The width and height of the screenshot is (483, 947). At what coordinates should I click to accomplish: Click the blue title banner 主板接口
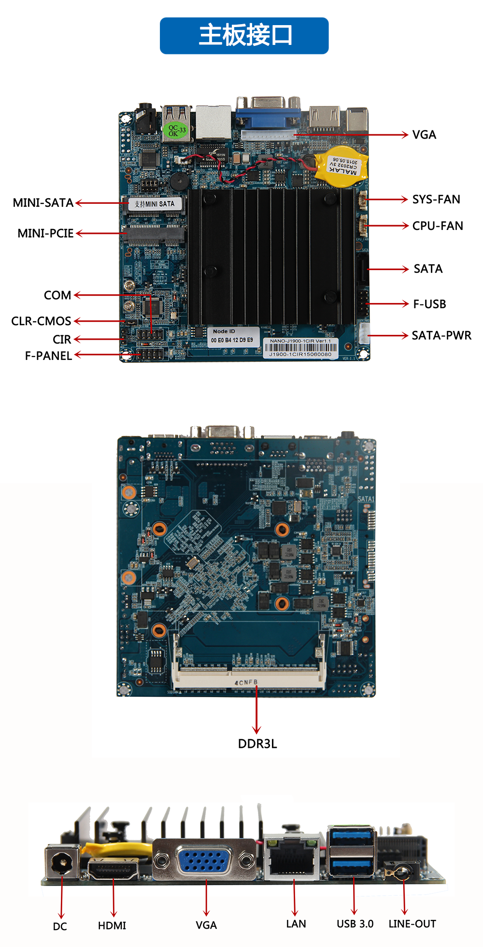[244, 36]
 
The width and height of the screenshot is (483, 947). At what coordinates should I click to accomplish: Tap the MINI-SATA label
[43, 203]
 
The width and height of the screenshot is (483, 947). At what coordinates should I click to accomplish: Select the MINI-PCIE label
[45, 233]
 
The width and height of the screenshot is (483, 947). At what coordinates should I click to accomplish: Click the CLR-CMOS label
[41, 321]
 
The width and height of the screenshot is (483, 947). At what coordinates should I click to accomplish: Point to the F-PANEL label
[48, 356]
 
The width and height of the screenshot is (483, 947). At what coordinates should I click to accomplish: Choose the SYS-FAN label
[436, 200]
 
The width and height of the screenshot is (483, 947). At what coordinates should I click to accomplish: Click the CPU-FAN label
[438, 226]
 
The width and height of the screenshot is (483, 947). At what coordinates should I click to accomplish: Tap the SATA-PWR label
[441, 336]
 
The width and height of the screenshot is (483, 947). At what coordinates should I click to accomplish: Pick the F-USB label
[429, 304]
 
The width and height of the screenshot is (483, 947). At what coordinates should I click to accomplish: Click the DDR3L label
[257, 744]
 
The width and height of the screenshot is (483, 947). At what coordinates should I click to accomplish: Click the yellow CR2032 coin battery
[342, 165]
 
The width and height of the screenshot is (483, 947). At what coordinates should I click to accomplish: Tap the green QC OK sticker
[174, 130]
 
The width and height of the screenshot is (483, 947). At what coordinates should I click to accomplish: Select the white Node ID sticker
[232, 336]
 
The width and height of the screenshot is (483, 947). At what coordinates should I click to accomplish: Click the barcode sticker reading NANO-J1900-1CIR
[300, 347]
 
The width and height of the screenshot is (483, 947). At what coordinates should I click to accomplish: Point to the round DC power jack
[62, 862]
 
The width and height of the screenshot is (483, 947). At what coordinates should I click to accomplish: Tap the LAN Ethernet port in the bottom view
[292, 859]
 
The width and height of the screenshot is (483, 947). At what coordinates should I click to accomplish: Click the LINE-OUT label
[412, 924]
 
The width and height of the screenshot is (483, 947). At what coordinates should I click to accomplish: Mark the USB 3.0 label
[355, 924]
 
